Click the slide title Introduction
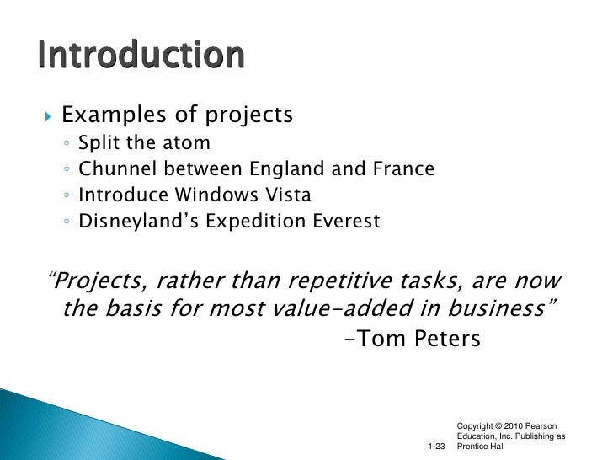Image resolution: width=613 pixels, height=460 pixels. tap(141, 56)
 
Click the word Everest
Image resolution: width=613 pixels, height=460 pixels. tap(346, 222)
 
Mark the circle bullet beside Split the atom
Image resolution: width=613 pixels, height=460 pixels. tap(67, 143)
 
